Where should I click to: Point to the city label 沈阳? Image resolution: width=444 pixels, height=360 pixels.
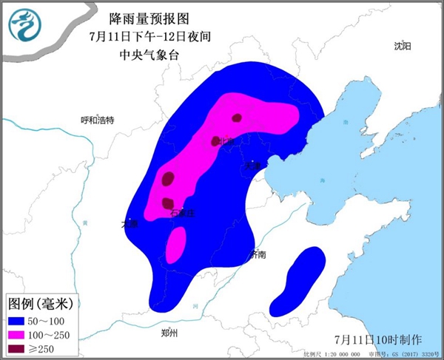tap(402, 46)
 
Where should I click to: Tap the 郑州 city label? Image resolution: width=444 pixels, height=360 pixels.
tap(169, 333)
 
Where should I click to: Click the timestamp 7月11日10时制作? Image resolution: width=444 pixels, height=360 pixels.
tap(377, 339)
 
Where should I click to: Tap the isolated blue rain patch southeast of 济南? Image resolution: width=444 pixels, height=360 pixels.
tap(297, 280)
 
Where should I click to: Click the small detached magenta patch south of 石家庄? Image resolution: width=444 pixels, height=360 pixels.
tap(176, 245)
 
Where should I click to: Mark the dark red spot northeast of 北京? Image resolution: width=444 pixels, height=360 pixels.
tap(237, 117)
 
